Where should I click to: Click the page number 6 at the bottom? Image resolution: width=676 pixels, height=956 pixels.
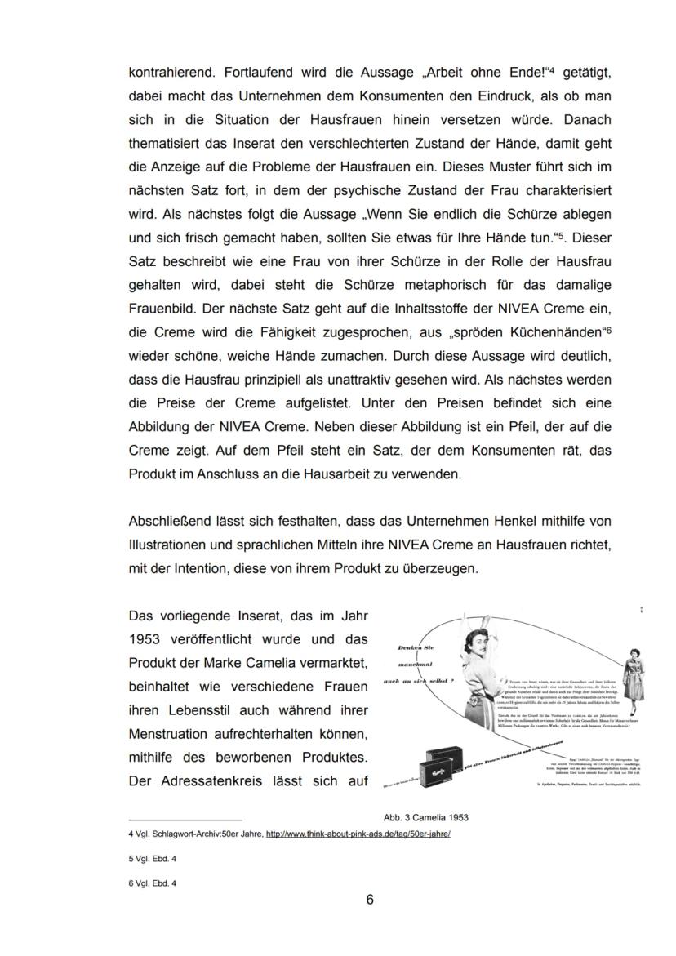[x=369, y=900]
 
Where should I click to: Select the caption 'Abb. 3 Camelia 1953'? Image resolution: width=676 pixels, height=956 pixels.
[x=425, y=817]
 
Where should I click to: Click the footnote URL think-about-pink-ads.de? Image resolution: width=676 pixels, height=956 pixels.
[x=358, y=834]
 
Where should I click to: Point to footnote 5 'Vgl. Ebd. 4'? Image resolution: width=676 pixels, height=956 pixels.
[x=152, y=859]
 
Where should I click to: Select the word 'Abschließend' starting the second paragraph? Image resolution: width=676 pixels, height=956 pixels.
[x=166, y=521]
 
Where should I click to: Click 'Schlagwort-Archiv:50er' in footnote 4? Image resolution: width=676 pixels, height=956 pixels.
[x=189, y=834]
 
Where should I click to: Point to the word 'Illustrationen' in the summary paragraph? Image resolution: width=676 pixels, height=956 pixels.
[x=165, y=545]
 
